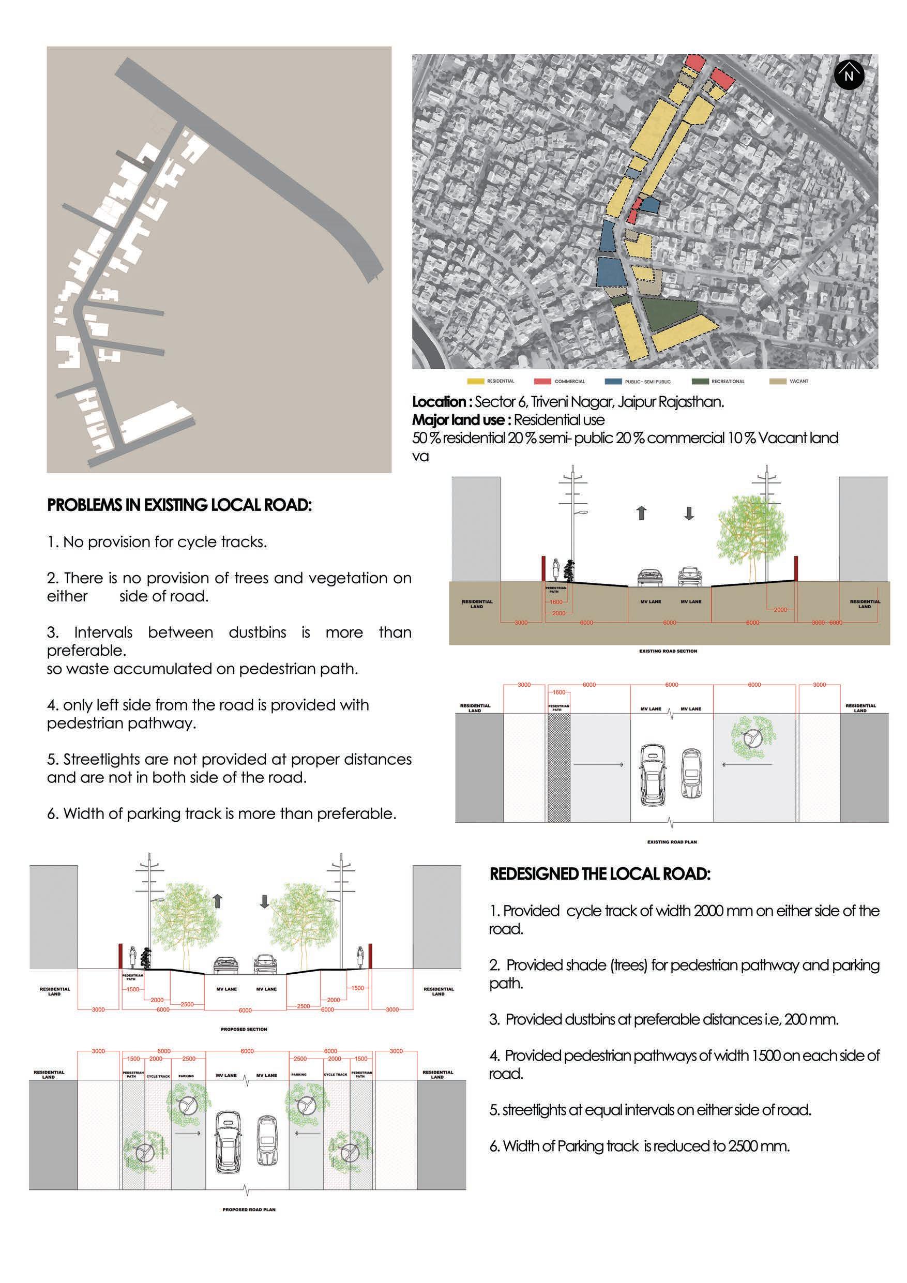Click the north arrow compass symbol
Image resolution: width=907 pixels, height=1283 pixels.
click(x=849, y=75)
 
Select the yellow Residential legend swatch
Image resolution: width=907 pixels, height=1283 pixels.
click(x=476, y=381)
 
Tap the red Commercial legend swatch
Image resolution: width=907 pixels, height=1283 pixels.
click(x=542, y=381)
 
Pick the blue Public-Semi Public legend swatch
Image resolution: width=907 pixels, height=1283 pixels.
click(x=613, y=382)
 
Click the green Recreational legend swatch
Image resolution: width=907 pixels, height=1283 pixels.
click(x=700, y=381)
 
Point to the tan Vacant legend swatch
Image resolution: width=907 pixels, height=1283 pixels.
click(x=778, y=381)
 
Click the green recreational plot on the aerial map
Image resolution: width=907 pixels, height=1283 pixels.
click(x=668, y=313)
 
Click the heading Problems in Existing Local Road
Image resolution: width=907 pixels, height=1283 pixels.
click(x=179, y=505)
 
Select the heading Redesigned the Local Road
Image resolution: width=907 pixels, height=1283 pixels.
click(x=600, y=874)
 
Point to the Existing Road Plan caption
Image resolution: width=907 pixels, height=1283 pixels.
click(x=672, y=841)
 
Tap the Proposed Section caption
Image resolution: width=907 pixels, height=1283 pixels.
click(x=244, y=1029)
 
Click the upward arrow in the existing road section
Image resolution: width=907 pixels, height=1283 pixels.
click(x=642, y=513)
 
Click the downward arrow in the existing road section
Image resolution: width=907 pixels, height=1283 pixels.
click(x=689, y=513)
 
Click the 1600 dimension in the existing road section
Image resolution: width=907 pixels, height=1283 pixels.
click(x=555, y=602)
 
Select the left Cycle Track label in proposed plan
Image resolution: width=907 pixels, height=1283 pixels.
click(x=158, y=1076)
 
